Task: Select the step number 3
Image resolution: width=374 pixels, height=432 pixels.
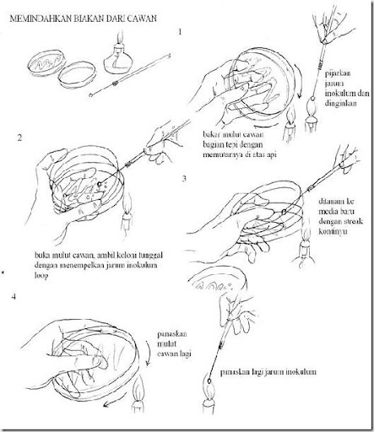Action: [184, 180]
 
